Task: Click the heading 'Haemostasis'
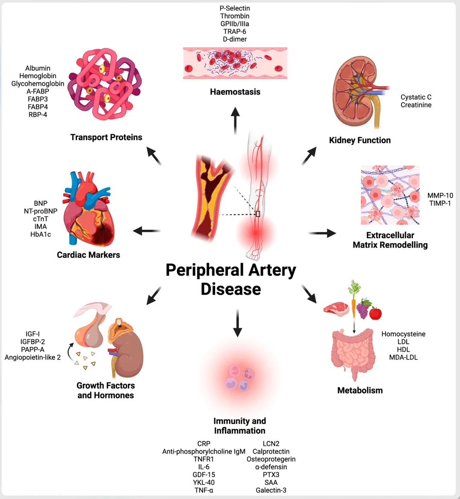[235, 92]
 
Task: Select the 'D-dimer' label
[235, 39]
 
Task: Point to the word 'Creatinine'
[416, 105]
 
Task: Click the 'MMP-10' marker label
[440, 195]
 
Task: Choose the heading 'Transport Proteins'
[106, 137]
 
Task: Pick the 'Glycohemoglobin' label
[38, 83]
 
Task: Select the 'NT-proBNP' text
[41, 211]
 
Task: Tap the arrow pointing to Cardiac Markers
[147, 231]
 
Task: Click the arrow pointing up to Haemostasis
[235, 121]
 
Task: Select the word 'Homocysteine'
[403, 334]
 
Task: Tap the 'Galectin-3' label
[271, 490]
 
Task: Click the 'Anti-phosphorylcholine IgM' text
[204, 451]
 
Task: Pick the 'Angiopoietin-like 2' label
[32, 357]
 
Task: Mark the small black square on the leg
[258, 214]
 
